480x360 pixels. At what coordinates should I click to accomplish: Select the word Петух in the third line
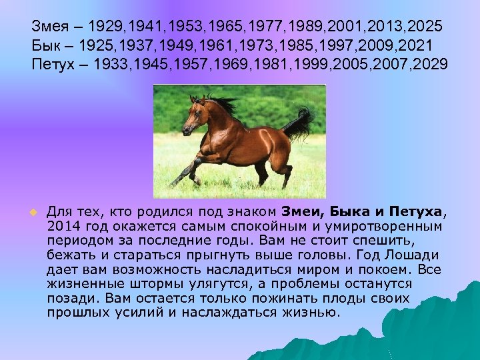52,65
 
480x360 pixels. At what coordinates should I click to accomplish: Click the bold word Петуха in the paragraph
417,212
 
